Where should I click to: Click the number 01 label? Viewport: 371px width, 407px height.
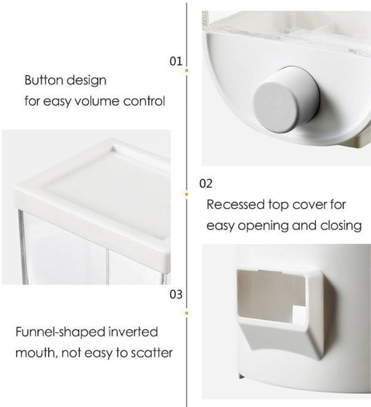176,61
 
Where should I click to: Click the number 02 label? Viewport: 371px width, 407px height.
206,184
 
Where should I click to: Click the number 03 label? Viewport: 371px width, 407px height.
176,294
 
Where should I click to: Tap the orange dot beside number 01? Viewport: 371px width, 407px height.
187,71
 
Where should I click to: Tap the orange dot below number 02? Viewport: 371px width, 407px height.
187,194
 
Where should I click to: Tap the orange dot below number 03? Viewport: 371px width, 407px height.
187,313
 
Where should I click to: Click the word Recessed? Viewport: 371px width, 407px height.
235,205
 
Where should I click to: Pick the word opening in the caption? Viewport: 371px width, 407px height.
263,226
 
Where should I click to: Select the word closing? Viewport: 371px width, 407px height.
340,226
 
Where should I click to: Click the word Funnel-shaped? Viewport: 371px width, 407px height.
60,332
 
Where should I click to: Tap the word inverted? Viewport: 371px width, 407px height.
133,332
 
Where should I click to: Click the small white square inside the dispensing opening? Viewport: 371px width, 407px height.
298,315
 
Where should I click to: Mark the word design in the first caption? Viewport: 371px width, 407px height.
87,81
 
